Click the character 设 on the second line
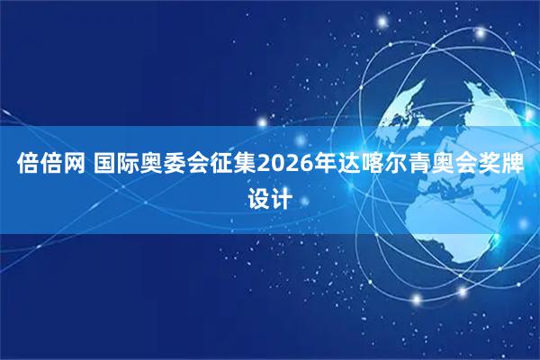pos(257,197)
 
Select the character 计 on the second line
pos(283,197)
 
